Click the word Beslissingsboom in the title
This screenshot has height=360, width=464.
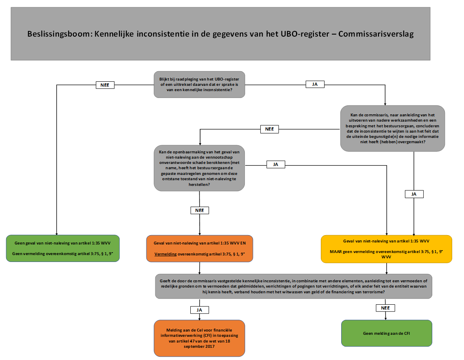coord(59,34)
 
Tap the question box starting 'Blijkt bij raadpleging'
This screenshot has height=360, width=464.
coord(199,84)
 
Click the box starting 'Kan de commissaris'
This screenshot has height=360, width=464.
coord(392,129)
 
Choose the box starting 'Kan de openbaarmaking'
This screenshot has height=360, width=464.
coord(199,168)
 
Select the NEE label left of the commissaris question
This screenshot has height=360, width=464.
coord(270,129)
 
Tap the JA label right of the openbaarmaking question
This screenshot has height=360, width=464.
coord(275,164)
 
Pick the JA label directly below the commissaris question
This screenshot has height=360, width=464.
coord(414,194)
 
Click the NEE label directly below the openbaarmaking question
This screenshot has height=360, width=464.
coord(199,210)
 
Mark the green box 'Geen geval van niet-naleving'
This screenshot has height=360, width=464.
coord(63,248)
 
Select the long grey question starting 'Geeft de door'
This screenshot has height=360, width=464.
coord(293,286)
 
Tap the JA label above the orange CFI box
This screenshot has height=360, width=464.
coord(199,310)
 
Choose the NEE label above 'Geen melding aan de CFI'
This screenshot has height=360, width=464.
coord(386,308)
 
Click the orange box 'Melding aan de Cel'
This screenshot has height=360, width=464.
coord(199,338)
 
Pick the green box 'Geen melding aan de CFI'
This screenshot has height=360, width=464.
coord(386,333)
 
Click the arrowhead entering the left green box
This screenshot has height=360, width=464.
coord(56,232)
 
